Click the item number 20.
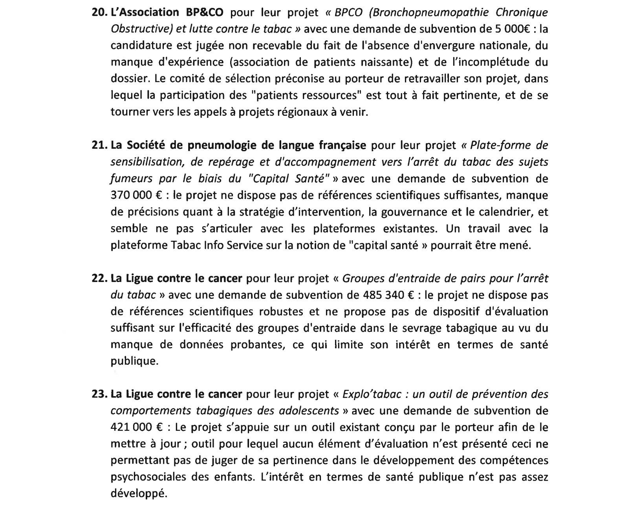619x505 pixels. tap(100, 13)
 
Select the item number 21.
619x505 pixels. tap(100, 146)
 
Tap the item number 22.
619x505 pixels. tap(100, 279)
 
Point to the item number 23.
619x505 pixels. tap(100, 394)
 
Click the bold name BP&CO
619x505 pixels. tap(204, 13)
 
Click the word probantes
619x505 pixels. tap(257, 345)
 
